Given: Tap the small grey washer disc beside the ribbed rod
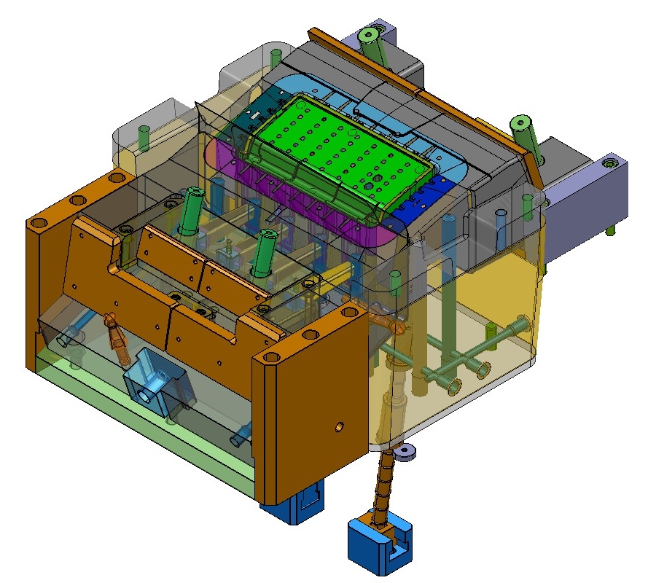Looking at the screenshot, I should coord(405,454).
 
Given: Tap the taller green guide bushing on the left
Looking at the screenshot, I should coord(191,211).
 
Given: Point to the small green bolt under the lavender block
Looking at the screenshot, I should coord(610,230).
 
